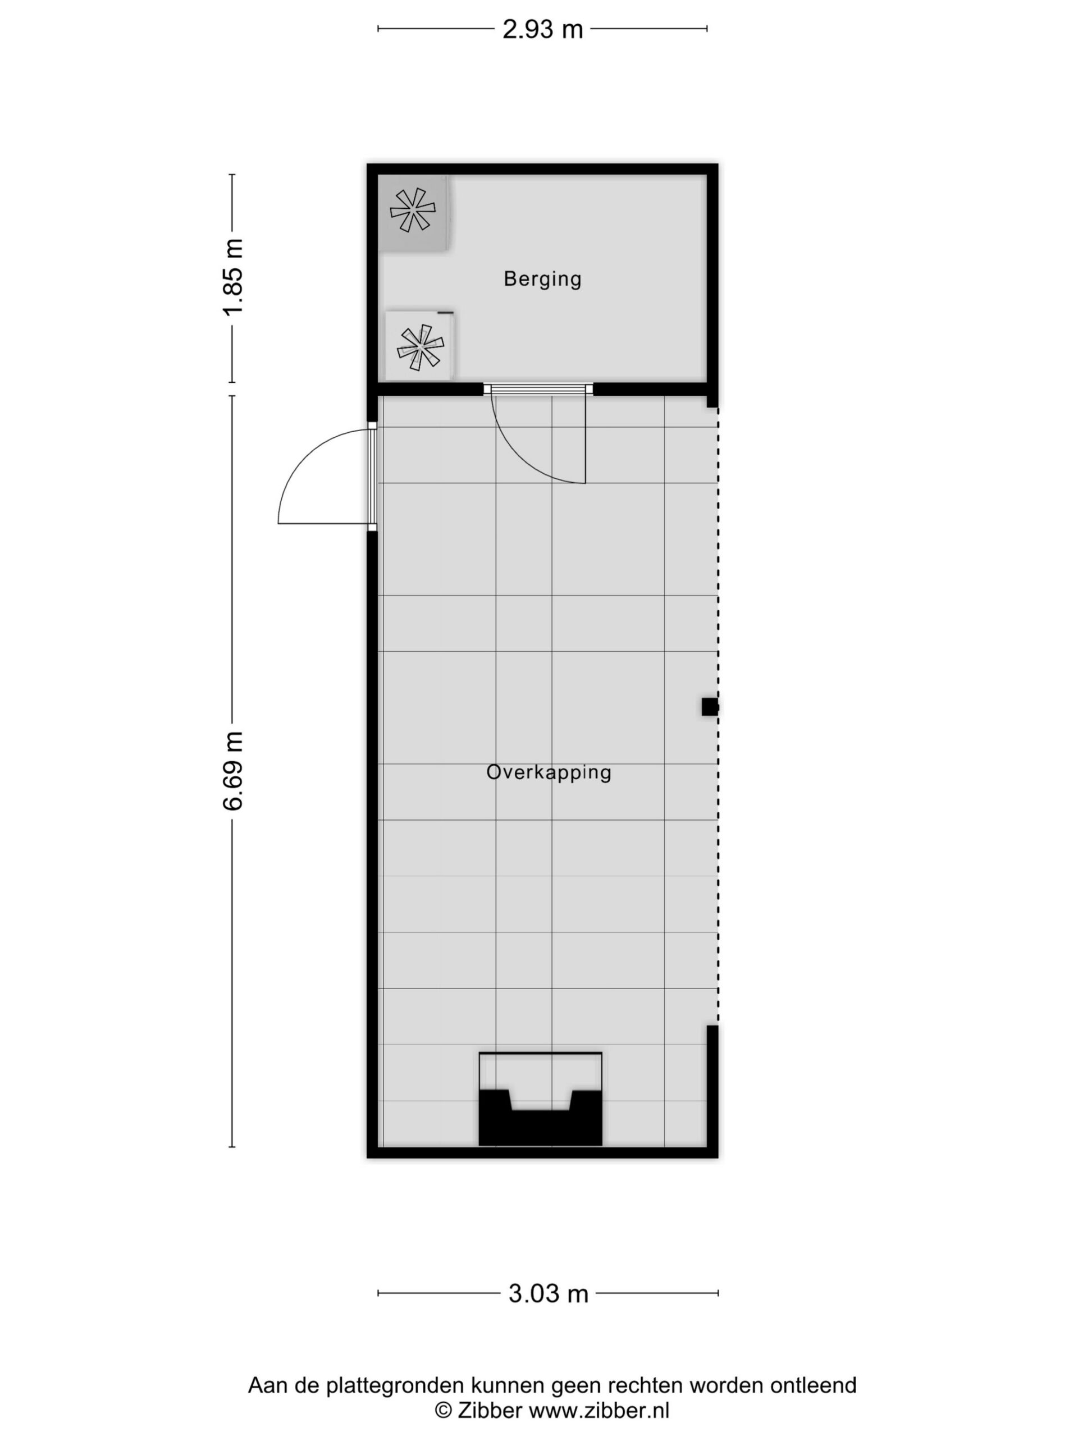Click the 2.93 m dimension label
click(542, 29)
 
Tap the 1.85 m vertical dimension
click(232, 277)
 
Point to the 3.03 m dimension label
click(548, 1293)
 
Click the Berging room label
click(542, 278)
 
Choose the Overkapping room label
click(549, 772)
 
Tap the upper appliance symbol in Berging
click(413, 210)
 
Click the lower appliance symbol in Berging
click(421, 347)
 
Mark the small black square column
click(710, 706)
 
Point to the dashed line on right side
click(718, 715)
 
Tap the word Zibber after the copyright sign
click(490, 1411)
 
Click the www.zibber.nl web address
click(599, 1411)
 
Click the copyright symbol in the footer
click(443, 1411)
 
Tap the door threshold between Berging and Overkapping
click(538, 389)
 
